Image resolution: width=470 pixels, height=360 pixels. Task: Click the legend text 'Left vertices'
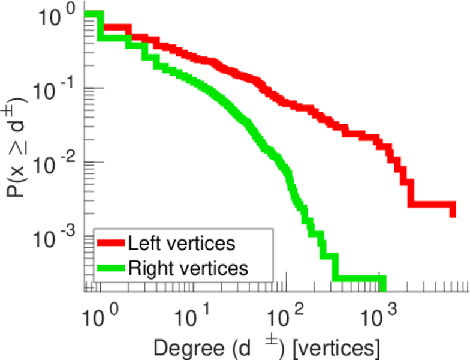click(x=181, y=244)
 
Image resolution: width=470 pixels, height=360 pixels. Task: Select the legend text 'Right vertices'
click(x=188, y=268)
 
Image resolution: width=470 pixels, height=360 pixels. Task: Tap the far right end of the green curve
click(x=382, y=284)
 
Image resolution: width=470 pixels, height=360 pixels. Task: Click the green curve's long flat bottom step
click(x=358, y=278)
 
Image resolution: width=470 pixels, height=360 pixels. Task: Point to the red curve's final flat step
click(x=432, y=205)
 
